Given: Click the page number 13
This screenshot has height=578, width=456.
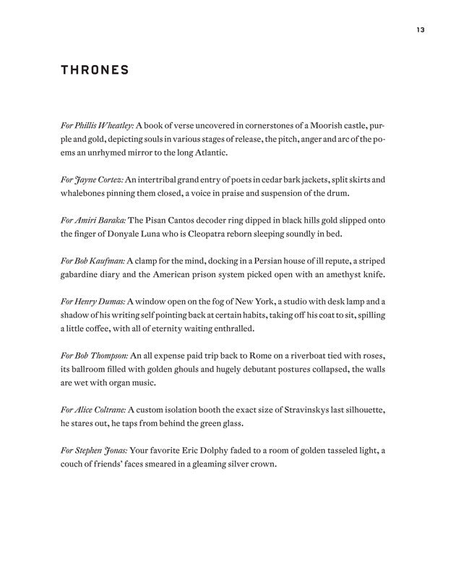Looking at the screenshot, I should click(x=420, y=30).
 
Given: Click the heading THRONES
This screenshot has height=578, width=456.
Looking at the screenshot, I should click(x=95, y=70).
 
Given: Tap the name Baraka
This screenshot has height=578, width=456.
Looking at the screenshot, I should click(x=111, y=221).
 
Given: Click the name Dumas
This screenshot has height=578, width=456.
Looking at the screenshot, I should click(x=109, y=302).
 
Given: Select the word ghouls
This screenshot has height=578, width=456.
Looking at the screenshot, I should click(x=186, y=370).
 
